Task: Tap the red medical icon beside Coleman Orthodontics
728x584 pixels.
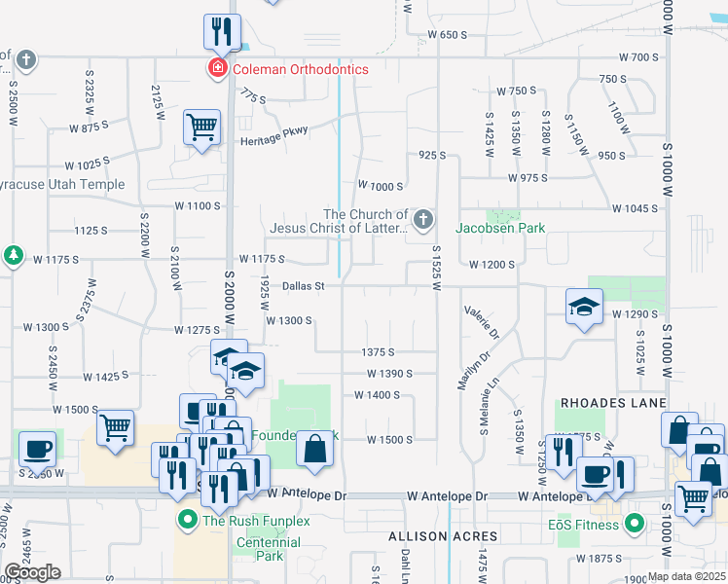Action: (x=216, y=69)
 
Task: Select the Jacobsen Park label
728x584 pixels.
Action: (x=501, y=228)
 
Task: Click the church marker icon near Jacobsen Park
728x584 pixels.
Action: (x=422, y=221)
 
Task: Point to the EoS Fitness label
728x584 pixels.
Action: (x=582, y=526)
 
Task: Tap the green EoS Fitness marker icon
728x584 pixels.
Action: (x=636, y=526)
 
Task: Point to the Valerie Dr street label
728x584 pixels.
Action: (x=482, y=319)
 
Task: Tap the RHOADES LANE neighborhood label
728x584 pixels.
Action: (x=612, y=403)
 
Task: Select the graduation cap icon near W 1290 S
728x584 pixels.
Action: (x=583, y=308)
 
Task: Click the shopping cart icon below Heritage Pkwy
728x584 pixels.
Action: (x=201, y=126)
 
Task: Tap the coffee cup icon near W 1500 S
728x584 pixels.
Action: (x=37, y=449)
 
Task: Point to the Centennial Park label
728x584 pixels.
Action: (x=260, y=549)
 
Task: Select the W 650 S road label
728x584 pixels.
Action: (x=448, y=35)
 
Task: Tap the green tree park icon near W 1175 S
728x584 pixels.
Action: (x=13, y=255)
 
